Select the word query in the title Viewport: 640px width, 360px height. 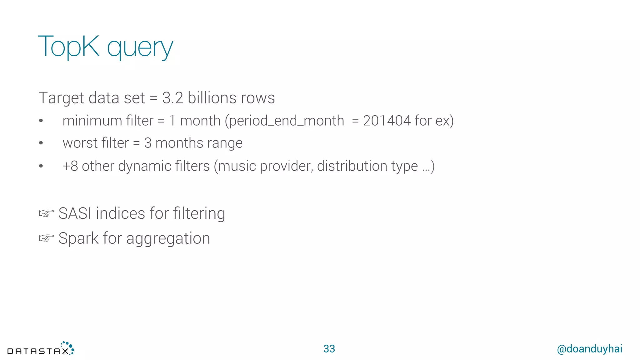(140, 48)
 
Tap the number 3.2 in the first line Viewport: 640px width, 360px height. (172, 98)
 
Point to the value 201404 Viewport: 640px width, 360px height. (387, 121)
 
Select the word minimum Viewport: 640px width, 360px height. (92, 121)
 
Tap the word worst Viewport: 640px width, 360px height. (80, 143)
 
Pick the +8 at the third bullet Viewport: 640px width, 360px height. (70, 166)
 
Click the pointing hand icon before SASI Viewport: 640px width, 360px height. (46, 213)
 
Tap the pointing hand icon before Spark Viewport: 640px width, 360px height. (46, 238)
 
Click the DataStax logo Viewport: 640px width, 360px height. (41, 349)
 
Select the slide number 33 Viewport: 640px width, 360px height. (329, 349)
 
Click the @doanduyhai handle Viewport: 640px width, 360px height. (589, 349)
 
